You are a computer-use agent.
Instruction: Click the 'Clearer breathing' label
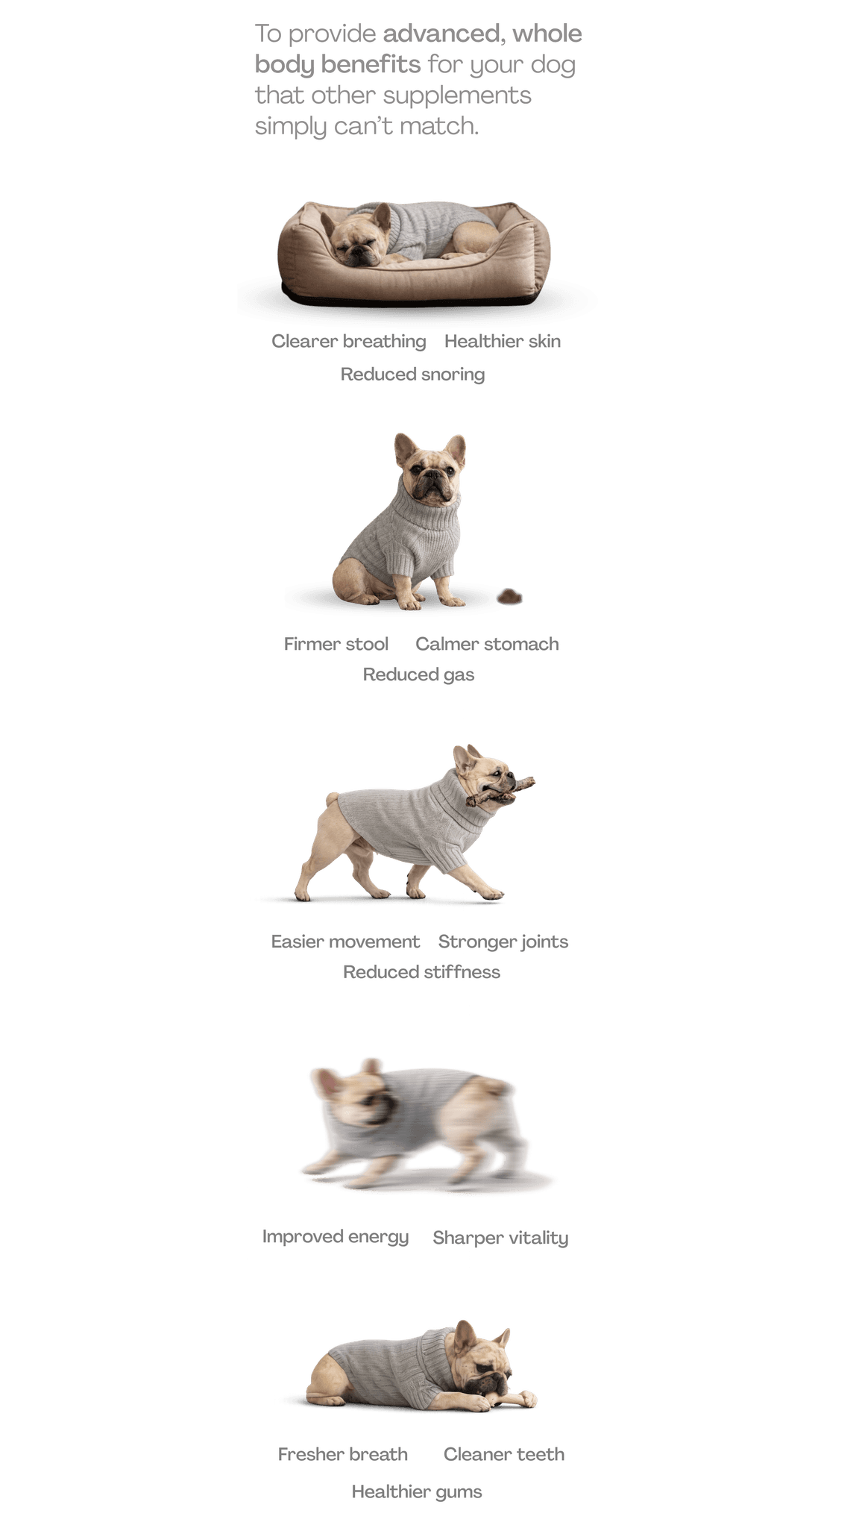tap(348, 342)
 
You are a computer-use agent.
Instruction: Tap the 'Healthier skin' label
tap(503, 341)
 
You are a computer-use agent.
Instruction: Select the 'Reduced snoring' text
tap(412, 375)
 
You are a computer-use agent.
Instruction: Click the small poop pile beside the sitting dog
tap(510, 596)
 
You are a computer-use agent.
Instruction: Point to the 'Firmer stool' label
tap(336, 644)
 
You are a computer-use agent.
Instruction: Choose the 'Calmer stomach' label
tap(487, 644)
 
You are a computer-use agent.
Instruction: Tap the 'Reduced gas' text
tap(418, 674)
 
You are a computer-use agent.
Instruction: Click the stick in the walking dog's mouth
tap(500, 791)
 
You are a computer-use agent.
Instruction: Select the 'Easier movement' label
tap(345, 942)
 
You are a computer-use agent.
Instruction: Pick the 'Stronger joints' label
tap(503, 942)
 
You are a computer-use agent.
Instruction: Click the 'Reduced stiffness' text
tap(421, 972)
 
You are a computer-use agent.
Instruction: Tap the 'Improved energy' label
tap(336, 1237)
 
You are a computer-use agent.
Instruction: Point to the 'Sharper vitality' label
tap(500, 1238)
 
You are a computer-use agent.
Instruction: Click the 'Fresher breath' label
tap(343, 1454)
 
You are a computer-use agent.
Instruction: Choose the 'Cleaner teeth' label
tap(504, 1454)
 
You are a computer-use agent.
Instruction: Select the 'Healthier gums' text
tap(417, 1491)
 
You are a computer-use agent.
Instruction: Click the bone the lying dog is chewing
tap(507, 1399)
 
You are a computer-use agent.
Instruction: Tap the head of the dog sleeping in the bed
tap(357, 237)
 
